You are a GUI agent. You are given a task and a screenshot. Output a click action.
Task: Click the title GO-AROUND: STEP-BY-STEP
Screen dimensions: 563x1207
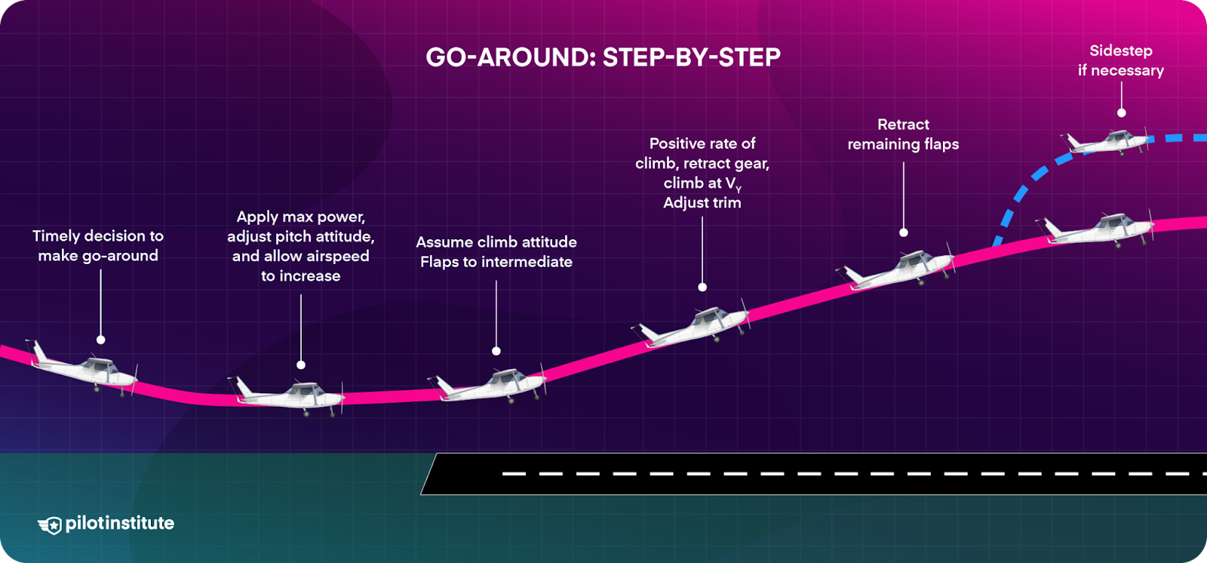coord(603,57)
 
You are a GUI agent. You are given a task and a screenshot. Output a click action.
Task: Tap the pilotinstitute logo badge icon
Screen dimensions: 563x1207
coord(50,525)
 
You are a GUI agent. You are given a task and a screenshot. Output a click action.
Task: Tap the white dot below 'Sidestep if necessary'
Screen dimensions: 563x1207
coord(1122,112)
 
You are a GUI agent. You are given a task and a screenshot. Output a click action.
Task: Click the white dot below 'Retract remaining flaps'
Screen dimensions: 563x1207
coord(904,232)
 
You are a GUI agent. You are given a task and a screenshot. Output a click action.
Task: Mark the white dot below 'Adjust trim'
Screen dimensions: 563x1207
coord(702,287)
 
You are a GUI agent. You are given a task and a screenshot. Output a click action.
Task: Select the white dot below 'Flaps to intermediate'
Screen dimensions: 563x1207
coord(496,351)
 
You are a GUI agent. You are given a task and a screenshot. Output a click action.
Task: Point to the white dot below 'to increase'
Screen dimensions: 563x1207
coord(301,365)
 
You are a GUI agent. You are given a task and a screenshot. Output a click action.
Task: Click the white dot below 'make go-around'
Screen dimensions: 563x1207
coord(100,340)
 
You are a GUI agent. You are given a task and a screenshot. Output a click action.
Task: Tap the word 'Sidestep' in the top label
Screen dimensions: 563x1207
coord(1121,51)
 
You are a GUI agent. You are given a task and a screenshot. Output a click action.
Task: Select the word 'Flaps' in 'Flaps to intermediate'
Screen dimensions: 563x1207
coord(440,262)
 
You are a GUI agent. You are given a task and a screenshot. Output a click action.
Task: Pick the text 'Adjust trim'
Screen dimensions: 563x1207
coord(702,202)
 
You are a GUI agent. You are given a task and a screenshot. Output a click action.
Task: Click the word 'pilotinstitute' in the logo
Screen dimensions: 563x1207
coord(120,523)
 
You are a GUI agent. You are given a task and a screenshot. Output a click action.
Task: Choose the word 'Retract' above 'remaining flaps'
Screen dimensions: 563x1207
coord(903,125)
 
